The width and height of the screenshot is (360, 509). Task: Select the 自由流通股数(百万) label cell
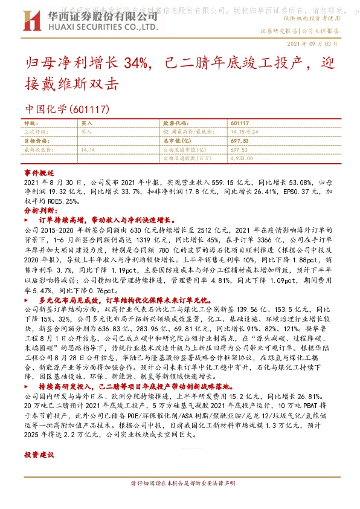pyautogui.click(x=188, y=157)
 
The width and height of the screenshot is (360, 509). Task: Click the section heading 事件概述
pyautogui.click(x=39, y=173)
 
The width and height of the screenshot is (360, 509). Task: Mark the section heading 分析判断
pyautogui.click(x=40, y=211)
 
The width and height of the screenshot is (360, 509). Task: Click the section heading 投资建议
pyautogui.click(x=39, y=454)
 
